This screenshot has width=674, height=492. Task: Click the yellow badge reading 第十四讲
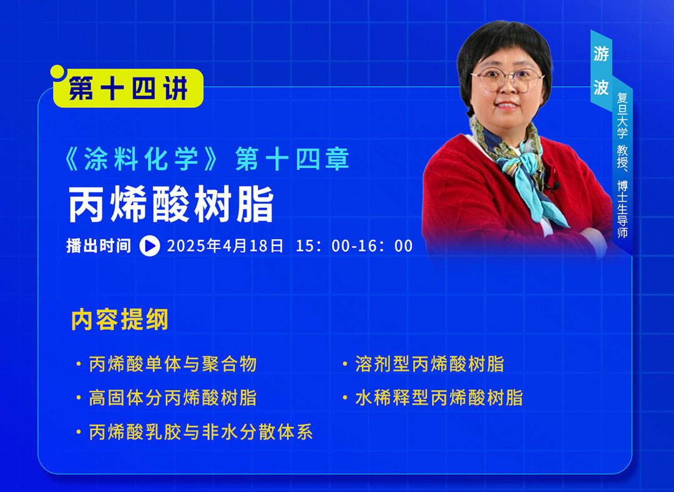click(128, 88)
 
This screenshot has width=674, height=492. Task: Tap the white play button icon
click(150, 246)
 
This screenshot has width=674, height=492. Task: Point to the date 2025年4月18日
click(225, 246)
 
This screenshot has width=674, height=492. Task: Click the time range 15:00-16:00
click(354, 246)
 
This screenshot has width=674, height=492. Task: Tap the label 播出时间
click(99, 245)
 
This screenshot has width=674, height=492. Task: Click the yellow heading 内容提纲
click(119, 319)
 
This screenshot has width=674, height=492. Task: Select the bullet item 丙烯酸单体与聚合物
click(172, 364)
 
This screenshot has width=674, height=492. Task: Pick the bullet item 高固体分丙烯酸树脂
click(172, 398)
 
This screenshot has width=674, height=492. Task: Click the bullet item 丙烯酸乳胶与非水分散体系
click(200, 432)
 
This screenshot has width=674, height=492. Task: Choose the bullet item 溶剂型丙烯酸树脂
click(429, 364)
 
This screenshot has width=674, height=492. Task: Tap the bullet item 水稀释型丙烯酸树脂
click(439, 398)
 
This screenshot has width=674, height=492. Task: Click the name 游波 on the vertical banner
click(601, 71)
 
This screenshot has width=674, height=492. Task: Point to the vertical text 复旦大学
click(622, 116)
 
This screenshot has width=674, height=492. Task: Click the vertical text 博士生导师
click(622, 209)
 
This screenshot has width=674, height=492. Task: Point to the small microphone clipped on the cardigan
click(556, 186)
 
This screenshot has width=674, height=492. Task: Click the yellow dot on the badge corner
click(57, 72)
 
